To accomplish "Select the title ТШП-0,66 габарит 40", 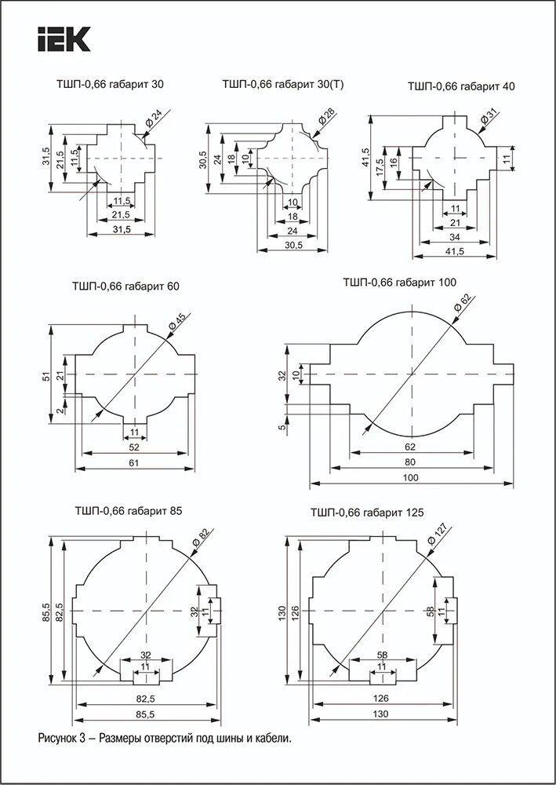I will click(x=461, y=86).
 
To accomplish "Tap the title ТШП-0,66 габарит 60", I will click(x=125, y=287).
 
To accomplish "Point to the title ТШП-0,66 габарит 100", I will click(x=399, y=282).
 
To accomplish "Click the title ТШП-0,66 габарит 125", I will click(x=367, y=513).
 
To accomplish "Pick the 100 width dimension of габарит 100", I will click(x=409, y=477).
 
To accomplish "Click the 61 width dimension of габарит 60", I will click(x=134, y=463).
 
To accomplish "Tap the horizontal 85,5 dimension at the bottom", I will click(x=146, y=714).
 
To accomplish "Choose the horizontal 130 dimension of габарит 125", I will click(x=382, y=714).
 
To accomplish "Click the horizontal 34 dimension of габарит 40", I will click(x=454, y=237).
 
